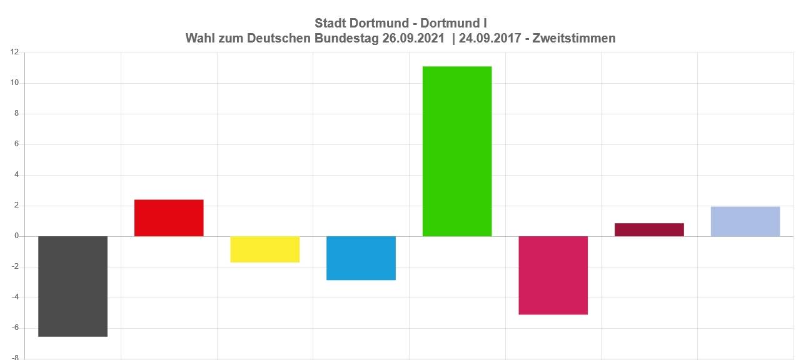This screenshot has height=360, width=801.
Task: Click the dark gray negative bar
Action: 73,286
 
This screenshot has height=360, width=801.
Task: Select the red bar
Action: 169,218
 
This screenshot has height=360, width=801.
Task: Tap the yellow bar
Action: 264,249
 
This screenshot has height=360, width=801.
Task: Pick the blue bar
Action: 361,258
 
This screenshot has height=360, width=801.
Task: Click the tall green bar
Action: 457,151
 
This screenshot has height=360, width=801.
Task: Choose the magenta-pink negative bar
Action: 553,275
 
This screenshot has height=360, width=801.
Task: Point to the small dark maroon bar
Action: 649,230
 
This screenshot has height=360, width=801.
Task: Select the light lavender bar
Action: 745,221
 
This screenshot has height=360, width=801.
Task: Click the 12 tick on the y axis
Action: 14,52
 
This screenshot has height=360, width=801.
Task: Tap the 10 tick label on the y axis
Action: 14,83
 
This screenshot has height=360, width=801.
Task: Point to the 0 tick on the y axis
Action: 17,236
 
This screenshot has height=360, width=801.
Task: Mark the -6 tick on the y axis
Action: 16,328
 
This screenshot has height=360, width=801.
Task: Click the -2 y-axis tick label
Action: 16,267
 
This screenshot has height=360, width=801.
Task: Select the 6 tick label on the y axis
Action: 17,144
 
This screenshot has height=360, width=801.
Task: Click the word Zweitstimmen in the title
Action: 573,38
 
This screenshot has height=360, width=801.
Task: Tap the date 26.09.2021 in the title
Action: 413,38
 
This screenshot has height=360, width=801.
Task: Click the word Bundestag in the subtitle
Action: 349,38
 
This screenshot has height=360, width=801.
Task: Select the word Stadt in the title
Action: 330,23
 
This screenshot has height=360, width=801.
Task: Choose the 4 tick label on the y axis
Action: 17,175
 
